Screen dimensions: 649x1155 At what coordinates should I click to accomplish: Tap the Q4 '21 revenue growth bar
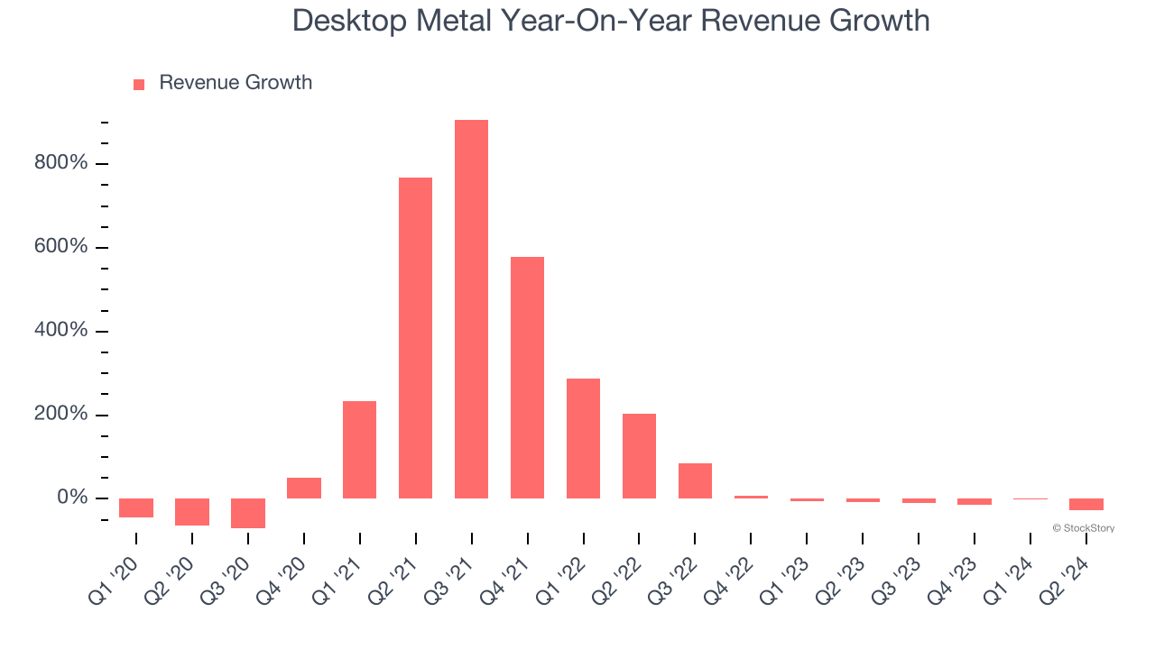(527, 378)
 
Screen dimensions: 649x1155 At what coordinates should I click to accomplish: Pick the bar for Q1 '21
(359, 450)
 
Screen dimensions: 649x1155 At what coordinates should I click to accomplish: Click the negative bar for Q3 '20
(247, 513)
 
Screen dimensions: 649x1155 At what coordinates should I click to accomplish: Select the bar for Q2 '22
(639, 456)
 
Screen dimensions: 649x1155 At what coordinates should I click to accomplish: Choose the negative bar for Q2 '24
(1086, 504)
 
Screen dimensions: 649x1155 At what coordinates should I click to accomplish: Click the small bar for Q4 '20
(303, 488)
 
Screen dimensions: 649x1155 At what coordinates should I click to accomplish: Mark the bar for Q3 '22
(695, 480)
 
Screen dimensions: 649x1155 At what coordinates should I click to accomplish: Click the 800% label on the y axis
(61, 163)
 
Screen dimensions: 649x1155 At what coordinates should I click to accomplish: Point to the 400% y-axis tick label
(61, 331)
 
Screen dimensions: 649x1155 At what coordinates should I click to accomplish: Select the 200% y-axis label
(61, 415)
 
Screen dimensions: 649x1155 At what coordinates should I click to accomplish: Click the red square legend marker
(139, 85)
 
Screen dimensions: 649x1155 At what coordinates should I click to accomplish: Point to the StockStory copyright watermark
(1083, 528)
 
